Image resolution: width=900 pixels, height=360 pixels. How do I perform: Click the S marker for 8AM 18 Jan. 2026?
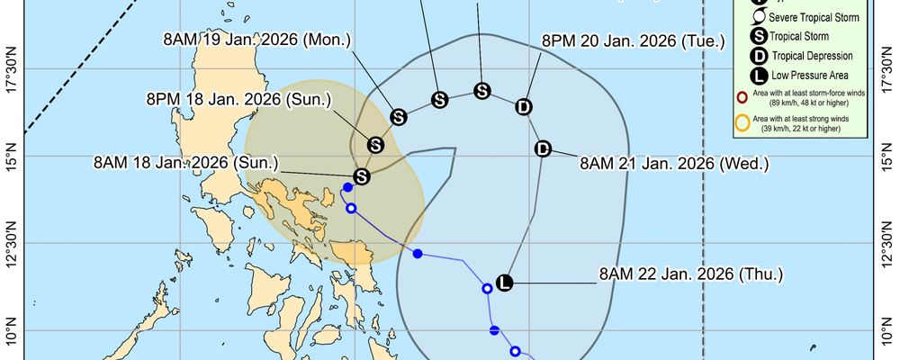tap(362, 176)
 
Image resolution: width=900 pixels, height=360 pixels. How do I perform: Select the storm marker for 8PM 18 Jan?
tap(376, 144)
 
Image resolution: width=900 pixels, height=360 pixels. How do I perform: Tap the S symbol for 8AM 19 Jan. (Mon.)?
tap(399, 116)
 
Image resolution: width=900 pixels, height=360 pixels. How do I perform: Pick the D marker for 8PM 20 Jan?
tap(524, 107)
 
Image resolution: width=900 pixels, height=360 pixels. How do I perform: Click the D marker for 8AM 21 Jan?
tap(543, 149)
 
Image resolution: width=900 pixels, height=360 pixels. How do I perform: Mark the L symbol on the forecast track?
tap(504, 283)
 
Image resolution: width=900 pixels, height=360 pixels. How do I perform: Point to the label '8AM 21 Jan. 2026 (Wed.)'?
tap(674, 163)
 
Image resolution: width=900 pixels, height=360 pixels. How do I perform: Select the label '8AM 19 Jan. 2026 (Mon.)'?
tap(257, 40)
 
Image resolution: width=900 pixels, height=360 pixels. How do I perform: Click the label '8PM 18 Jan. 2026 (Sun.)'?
tap(238, 100)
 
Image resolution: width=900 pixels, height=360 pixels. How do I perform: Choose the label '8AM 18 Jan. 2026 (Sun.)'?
tap(187, 163)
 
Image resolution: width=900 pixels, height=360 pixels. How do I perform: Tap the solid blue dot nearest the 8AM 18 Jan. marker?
tap(347, 187)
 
